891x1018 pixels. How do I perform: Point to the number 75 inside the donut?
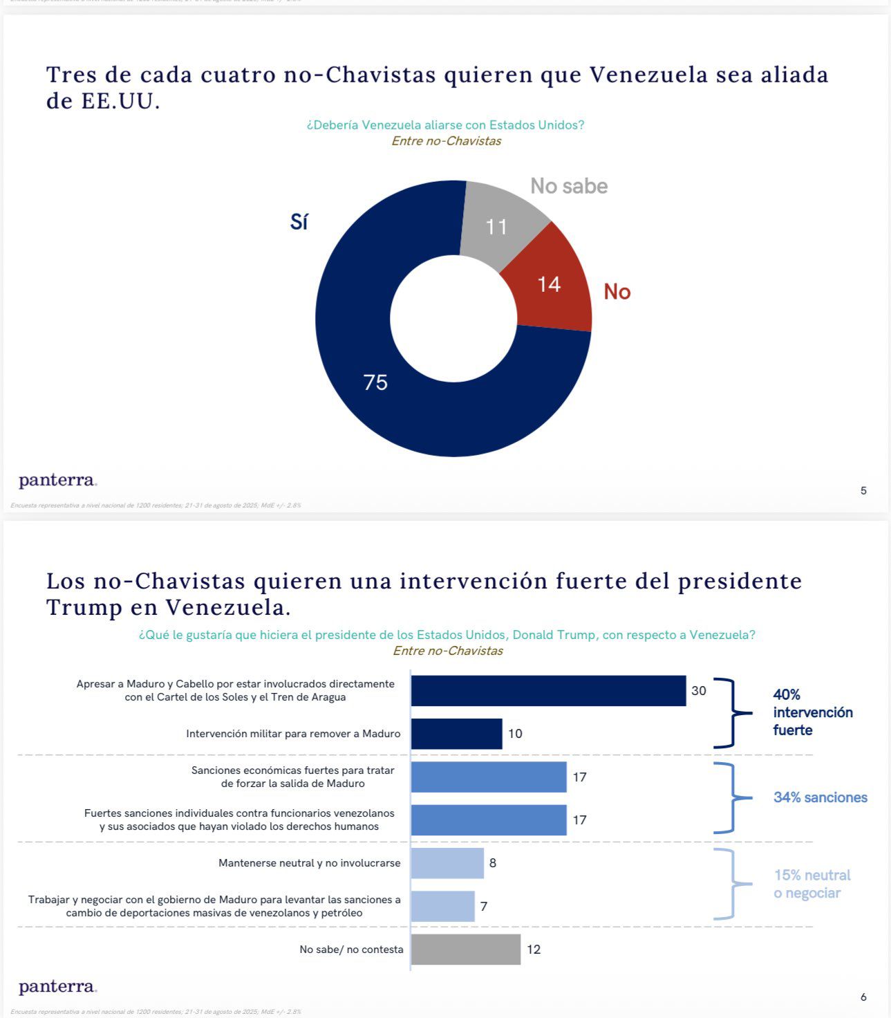tap(375, 382)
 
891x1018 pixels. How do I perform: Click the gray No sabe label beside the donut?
tap(569, 186)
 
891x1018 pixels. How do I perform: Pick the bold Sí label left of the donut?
tap(299, 222)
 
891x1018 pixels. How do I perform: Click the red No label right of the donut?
tap(617, 292)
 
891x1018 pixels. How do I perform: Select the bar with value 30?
tap(548, 691)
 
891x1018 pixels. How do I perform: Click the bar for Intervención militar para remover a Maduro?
tap(456, 734)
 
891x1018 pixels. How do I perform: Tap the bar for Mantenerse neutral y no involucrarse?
tap(447, 863)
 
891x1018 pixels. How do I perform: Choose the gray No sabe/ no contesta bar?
tap(465, 950)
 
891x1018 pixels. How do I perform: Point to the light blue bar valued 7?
tap(442, 906)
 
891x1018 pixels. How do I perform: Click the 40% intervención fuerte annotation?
tap(812, 712)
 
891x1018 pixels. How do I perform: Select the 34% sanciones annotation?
tap(820, 797)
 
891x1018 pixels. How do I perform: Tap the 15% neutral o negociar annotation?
tap(812, 884)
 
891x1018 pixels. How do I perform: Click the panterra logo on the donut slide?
tap(57, 480)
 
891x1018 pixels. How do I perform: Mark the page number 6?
tap(863, 997)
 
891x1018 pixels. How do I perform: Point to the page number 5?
tap(863, 491)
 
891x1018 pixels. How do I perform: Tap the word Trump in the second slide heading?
tap(84, 608)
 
